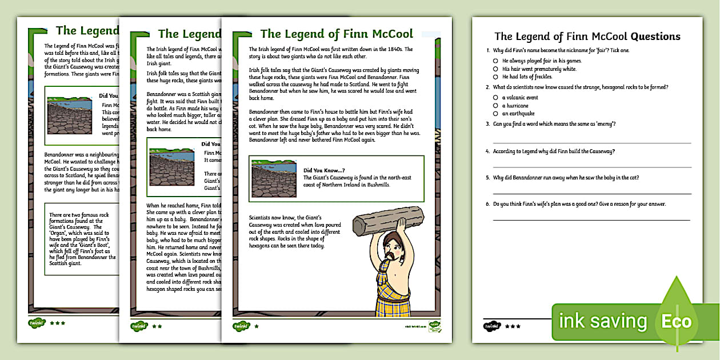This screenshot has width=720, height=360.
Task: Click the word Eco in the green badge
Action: click(677, 321)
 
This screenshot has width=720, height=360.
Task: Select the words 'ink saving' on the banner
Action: click(603, 321)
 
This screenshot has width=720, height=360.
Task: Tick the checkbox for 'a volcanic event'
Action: click(495, 98)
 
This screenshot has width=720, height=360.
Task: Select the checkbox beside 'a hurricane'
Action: click(495, 106)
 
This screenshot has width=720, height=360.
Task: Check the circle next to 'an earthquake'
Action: click(495, 114)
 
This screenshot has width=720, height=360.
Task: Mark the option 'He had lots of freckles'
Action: click(495, 77)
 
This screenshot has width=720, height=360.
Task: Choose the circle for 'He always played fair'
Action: click(495, 60)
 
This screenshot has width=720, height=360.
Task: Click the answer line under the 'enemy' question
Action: click(591, 142)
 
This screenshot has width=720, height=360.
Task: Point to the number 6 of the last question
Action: click(487, 204)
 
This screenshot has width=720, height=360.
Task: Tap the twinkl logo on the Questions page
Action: click(491, 326)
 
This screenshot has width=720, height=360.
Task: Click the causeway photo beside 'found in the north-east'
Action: click(274, 178)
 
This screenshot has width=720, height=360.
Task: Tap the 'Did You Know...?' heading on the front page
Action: click(324, 170)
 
